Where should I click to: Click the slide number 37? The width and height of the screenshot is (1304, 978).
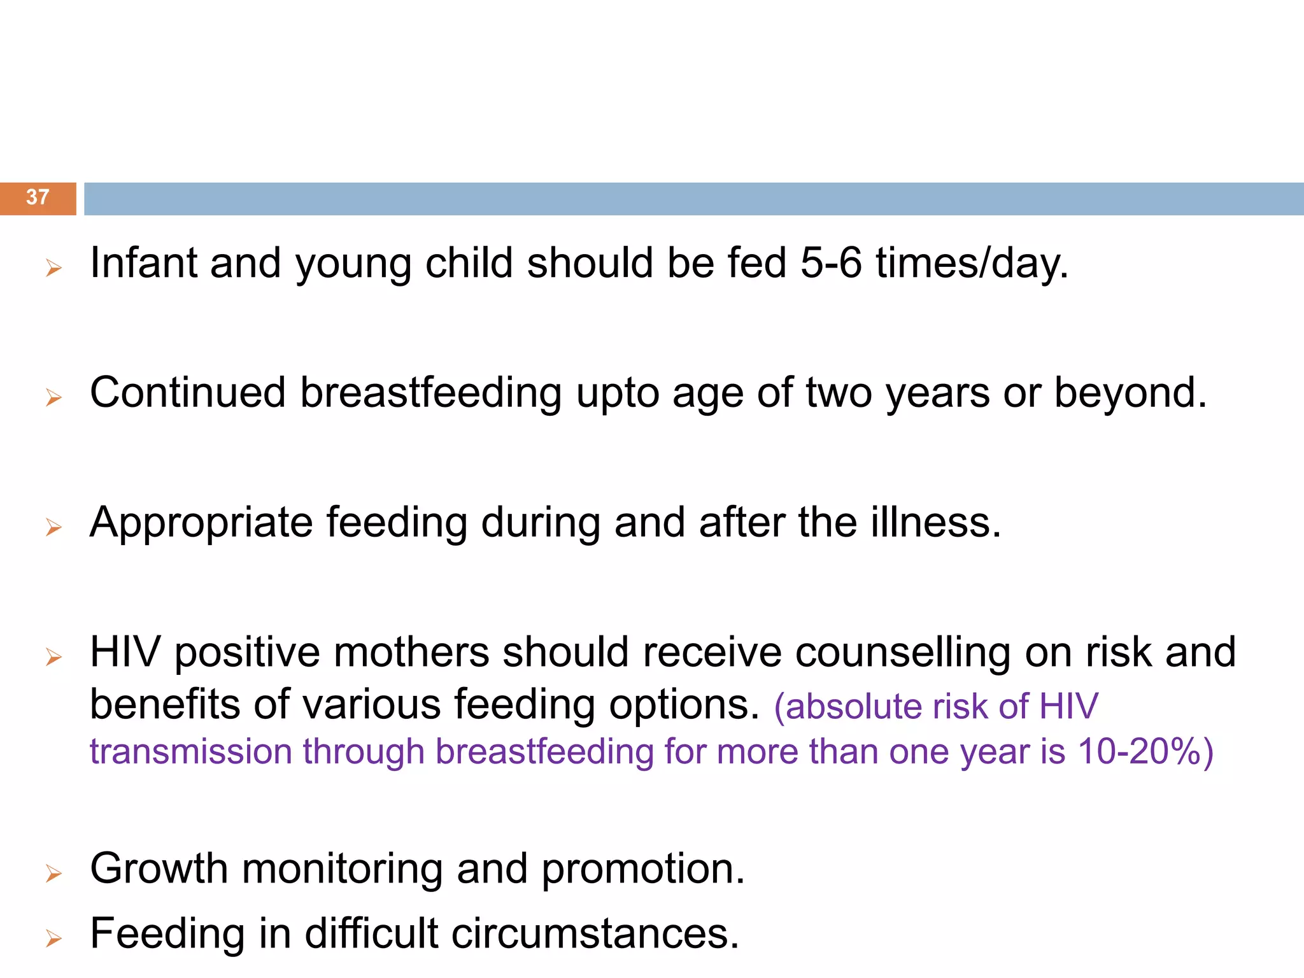pos(38,197)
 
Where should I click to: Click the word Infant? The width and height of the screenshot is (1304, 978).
pos(144,263)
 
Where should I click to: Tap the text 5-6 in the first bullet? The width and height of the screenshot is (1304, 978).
pos(831,263)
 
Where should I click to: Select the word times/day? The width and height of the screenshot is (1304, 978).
pos(972,264)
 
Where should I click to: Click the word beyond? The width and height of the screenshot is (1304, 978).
pos(1130,393)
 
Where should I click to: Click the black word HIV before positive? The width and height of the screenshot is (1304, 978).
pos(125,652)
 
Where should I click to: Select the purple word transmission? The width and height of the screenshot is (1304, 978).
pos(190,752)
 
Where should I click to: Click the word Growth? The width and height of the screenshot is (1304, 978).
pos(159,868)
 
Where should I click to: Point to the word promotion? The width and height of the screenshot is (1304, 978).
pos(643,870)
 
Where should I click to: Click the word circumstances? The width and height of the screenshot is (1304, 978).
pos(595,934)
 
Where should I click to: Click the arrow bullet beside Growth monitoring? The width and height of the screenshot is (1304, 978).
pos(53,874)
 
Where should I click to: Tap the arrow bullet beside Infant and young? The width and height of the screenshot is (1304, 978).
pos(53,268)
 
